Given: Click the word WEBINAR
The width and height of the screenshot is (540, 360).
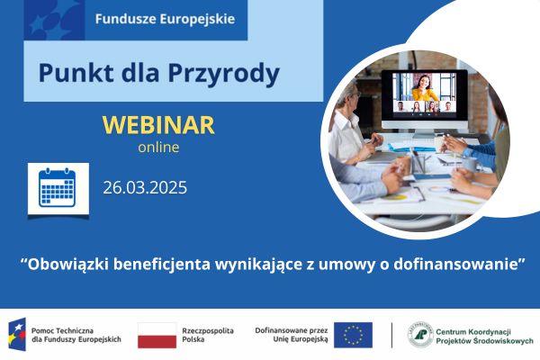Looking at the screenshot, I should [x=158, y=124].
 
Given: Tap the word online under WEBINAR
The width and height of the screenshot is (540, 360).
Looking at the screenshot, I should [x=158, y=147].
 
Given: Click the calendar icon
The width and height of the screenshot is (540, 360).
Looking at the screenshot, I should [x=58, y=189].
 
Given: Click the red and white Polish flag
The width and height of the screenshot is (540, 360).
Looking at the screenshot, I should [x=157, y=335].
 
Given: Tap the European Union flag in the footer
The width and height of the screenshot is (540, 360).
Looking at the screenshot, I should [x=352, y=335].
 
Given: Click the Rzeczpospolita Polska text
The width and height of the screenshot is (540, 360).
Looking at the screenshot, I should [x=208, y=335].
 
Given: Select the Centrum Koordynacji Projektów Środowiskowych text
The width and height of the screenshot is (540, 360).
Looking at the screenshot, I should [x=483, y=335].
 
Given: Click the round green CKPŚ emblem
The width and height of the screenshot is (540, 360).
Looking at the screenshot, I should [x=419, y=335].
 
